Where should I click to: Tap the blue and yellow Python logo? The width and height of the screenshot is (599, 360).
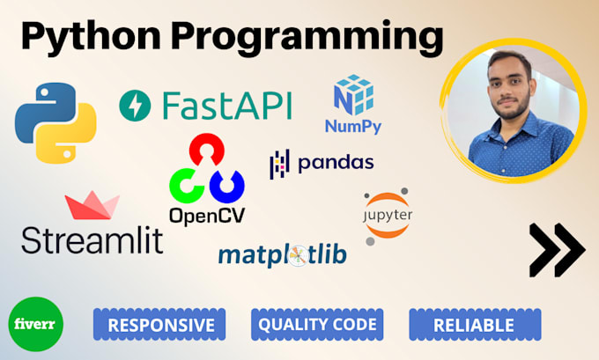click(x=55, y=122)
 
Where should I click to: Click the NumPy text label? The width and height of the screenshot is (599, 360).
click(x=352, y=127)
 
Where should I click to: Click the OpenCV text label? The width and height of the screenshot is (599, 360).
click(x=207, y=214)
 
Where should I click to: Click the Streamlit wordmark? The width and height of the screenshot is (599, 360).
click(x=92, y=239)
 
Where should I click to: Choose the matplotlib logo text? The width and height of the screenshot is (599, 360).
click(x=282, y=255)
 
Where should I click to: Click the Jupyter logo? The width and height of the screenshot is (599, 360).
click(x=388, y=215)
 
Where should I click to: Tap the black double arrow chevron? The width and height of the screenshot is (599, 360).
click(x=556, y=250)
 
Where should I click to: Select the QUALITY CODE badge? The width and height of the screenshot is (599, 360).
click(x=317, y=324)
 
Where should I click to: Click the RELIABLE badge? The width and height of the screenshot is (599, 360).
click(x=474, y=325)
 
